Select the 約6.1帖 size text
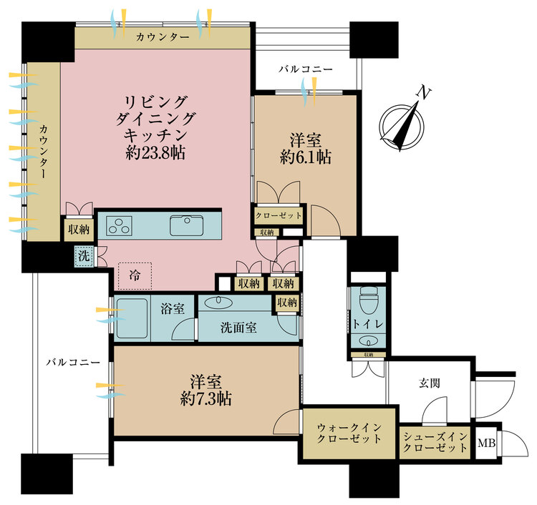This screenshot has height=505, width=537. [306, 157]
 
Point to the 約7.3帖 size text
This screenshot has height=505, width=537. [205, 398]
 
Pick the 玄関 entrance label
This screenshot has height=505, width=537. [430, 383]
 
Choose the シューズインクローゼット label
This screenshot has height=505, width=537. [435, 443]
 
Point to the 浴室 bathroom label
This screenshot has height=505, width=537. [173, 309]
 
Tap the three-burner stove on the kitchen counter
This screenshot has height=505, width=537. [120, 225]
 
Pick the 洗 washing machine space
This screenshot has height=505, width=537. [83, 254]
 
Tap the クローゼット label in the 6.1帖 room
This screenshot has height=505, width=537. [279, 215]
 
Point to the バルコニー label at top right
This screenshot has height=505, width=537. [306, 70]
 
